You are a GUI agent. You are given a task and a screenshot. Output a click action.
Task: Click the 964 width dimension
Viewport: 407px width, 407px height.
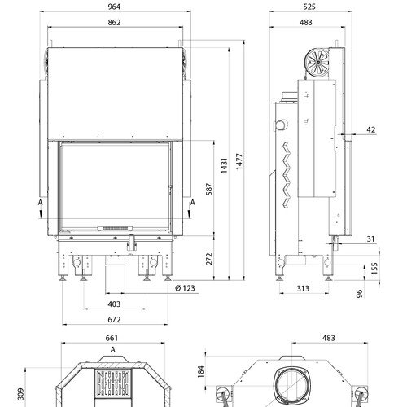tap(114, 7)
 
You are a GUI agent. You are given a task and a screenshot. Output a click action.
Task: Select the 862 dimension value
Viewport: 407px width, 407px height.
tap(114, 22)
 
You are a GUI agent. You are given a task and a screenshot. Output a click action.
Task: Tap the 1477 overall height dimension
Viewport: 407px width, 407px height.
tap(239, 162)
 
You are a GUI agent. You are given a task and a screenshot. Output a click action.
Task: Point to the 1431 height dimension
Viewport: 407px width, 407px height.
tap(224, 165)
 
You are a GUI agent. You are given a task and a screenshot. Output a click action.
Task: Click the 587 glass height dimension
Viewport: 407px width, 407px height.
tap(209, 189)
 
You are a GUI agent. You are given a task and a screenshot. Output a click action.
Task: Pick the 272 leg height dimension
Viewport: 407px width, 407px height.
tap(209, 259)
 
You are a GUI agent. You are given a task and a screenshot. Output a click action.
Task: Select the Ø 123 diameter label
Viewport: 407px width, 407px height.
tap(185, 288)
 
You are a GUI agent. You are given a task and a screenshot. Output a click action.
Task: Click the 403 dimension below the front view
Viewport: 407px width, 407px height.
tap(114, 304)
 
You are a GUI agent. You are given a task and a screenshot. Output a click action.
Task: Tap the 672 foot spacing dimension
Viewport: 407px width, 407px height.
tap(114, 319)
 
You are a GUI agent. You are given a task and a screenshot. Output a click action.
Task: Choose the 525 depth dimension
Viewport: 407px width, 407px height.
tap(309, 7)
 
